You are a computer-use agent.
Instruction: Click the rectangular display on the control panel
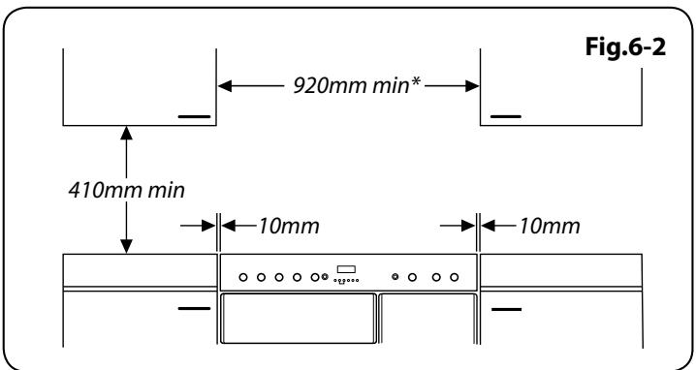tap(347, 270)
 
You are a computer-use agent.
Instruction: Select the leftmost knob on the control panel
tap(242, 277)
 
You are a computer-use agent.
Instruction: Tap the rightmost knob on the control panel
tap(454, 277)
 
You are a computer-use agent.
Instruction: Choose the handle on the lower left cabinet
tap(194, 310)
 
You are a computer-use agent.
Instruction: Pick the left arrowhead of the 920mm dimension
tap(225, 86)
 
